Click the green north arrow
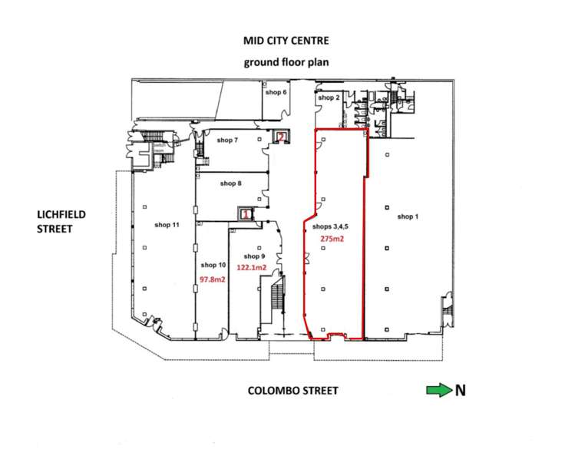[439, 390]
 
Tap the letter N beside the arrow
[461, 390]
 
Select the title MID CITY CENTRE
[286, 41]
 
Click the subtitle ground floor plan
[286, 62]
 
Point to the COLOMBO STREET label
[292, 391]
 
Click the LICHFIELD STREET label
[61, 221]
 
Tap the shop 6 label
[276, 92]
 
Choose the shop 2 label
[329, 97]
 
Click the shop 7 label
[227, 140]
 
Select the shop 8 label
[230, 183]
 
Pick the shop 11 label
[167, 225]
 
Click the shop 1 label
[408, 216]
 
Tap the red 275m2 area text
[332, 239]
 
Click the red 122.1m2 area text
[252, 268]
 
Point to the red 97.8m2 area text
[213, 279]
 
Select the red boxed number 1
[246, 213]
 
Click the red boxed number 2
[281, 137]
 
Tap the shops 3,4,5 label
[330, 227]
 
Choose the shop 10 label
[213, 265]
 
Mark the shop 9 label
[254, 256]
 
